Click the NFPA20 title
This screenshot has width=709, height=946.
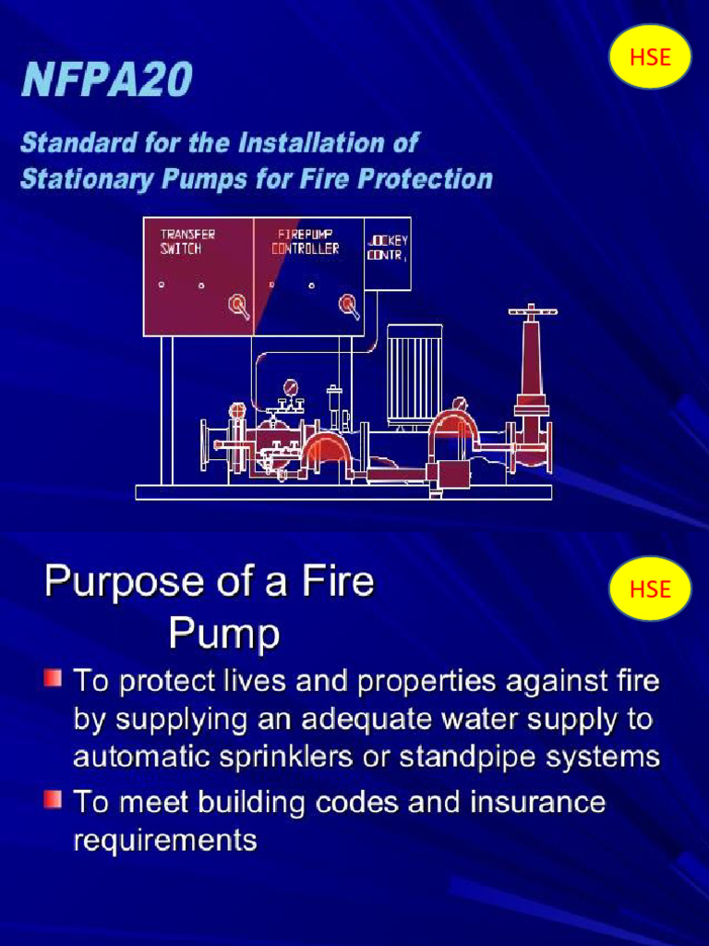click(107, 80)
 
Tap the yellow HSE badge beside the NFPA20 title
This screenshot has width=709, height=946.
click(650, 57)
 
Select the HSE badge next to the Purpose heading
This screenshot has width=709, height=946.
click(650, 588)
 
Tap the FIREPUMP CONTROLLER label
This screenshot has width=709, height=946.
click(306, 242)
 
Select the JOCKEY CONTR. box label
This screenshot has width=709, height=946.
click(387, 248)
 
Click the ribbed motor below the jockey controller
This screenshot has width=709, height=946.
click(414, 375)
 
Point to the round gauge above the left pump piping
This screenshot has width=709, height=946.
click(292, 387)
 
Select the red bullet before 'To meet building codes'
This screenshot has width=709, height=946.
click(53, 798)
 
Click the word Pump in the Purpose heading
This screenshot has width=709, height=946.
click(223, 634)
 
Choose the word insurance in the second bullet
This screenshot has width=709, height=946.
click(543, 801)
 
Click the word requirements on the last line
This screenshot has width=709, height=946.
click(165, 841)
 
